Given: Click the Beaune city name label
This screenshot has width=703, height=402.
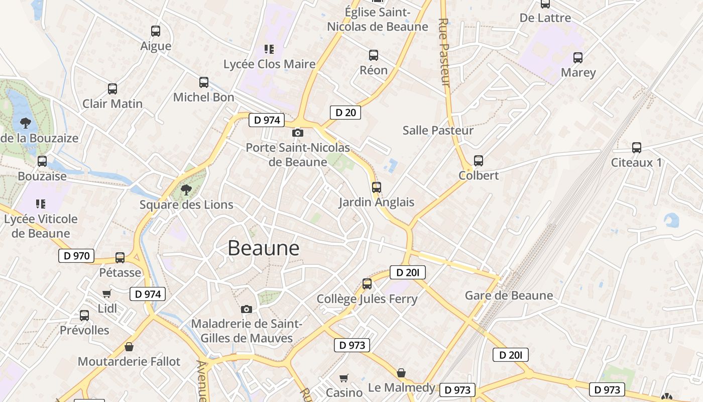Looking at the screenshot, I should point(263,248).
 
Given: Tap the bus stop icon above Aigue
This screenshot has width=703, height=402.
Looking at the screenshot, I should point(156,31).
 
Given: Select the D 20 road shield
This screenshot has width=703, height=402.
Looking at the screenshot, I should point(345,113).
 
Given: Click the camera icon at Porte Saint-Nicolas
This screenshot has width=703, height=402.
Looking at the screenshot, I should point(298,133).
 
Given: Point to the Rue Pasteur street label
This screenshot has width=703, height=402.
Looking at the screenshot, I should point(444,52).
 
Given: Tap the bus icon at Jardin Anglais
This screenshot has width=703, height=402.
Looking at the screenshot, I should point(377,187).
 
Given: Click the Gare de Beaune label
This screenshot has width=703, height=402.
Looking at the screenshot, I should point(509,295).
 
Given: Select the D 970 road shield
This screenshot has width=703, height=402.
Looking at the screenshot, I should point(76,256).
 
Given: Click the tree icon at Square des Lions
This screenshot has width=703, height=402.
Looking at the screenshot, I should point(186,190).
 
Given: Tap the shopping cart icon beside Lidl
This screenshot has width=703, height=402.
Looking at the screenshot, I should point(106,294).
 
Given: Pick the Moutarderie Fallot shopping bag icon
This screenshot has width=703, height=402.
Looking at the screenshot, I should point(129,347).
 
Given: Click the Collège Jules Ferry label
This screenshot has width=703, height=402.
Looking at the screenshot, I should point(367,299).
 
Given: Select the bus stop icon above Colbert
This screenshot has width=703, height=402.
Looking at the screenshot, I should point(479,161).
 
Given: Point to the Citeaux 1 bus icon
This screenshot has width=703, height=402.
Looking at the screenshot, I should point(637,148).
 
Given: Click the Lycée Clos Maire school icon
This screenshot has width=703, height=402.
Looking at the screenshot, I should point(269,49).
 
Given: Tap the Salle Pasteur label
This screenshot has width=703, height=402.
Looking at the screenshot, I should point(438,131).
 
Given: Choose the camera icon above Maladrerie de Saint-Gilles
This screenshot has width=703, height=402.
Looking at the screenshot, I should point(247,309).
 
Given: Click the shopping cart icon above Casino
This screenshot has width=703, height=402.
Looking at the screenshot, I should point(344,378).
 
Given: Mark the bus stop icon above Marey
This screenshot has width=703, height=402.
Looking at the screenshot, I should point(578,58).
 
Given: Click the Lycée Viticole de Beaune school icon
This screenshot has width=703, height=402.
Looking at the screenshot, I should point(41,204).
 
